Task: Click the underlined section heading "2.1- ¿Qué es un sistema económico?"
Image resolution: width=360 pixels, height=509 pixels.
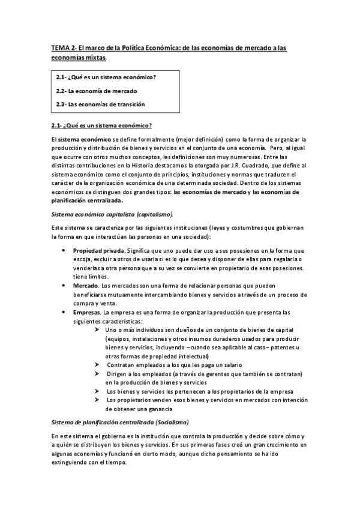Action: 101,125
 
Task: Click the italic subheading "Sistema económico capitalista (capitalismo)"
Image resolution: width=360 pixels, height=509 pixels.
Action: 113,214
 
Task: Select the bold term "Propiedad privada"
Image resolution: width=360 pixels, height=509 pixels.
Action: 95,250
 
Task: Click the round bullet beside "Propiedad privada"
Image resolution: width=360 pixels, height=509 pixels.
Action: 63,250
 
